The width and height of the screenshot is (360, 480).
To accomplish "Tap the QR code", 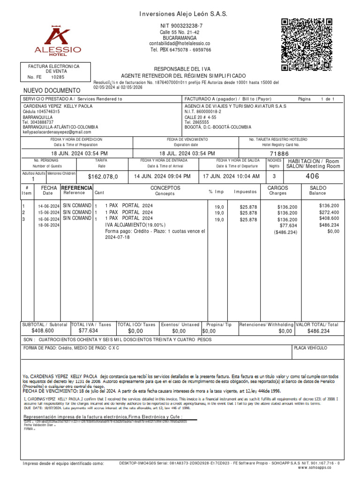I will tap(307, 45).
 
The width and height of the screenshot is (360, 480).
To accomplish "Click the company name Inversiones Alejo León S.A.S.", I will tap(183, 15).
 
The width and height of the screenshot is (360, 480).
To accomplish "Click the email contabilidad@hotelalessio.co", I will tap(180, 43).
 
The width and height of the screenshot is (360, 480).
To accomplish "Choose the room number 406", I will tap(312, 176).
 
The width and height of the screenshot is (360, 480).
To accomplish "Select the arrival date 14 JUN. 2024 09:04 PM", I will tap(162, 176).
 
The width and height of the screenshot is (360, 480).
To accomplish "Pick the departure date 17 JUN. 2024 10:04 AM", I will tap(231, 176).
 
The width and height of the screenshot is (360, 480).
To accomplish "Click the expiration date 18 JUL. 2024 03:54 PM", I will tap(187, 153).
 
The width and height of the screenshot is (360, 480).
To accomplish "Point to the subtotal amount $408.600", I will tap(43, 331).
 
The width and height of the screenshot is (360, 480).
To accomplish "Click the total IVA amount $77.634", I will tap(88, 331).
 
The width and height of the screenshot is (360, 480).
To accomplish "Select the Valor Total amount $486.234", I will tap(318, 331).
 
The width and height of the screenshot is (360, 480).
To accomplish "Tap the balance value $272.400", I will tap(329, 212).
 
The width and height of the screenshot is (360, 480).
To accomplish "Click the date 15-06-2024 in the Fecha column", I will tap(49, 213).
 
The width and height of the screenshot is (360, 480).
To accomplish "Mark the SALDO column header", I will tap(317, 187).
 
